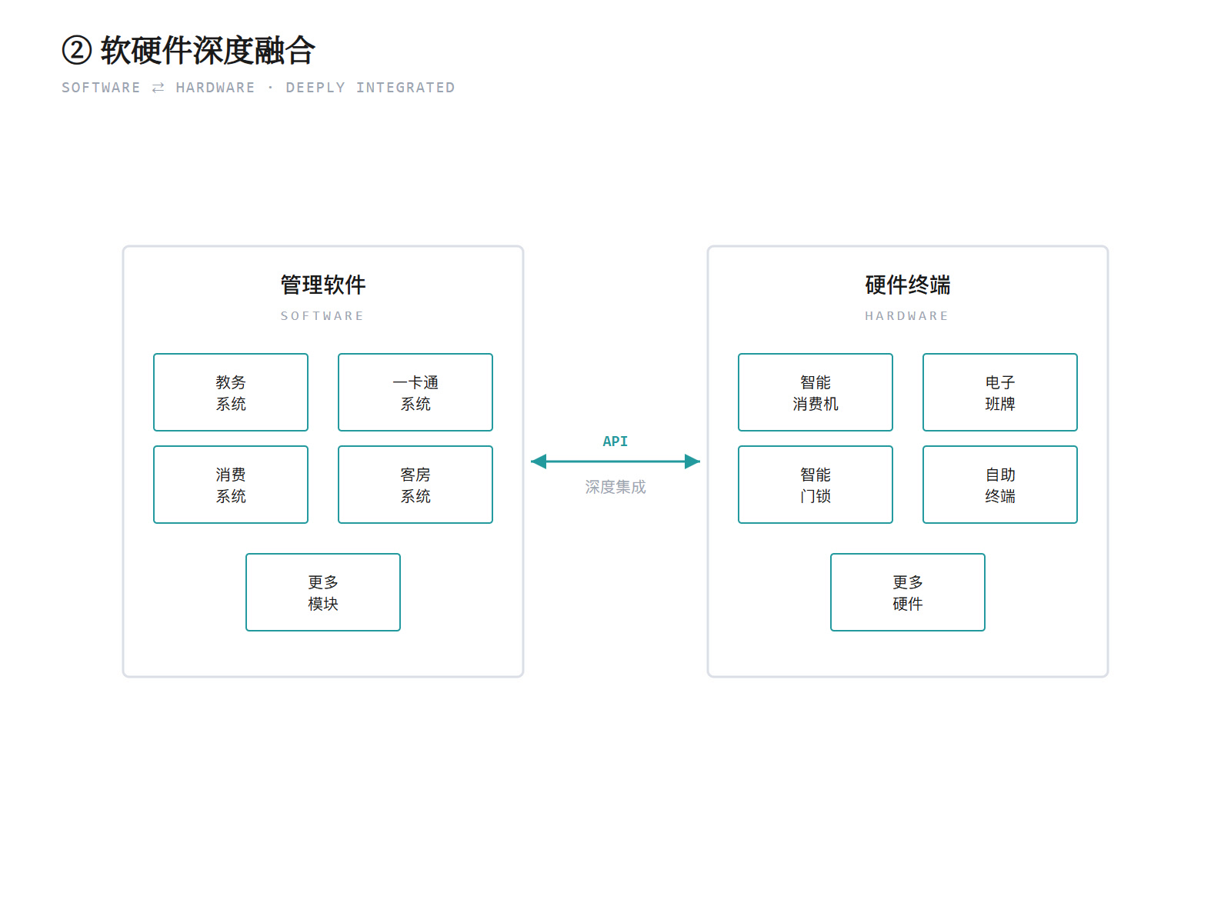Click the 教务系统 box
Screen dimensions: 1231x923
tap(231, 392)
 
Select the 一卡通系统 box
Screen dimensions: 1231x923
tap(415, 392)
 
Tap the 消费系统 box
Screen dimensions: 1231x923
tap(231, 485)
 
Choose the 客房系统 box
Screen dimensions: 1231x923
tap(415, 485)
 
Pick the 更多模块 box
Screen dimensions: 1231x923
tap(323, 592)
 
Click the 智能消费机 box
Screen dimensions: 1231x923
tap(816, 392)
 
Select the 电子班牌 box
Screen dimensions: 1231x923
tap(1000, 392)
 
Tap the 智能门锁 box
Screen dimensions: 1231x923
tap(816, 485)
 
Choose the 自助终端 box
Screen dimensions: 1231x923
tap(1000, 485)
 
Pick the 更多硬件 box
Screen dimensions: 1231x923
tap(907, 592)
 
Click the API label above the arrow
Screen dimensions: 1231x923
tap(615, 442)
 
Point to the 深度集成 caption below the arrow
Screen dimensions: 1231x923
tap(615, 487)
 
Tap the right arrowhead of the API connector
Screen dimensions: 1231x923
tap(692, 461)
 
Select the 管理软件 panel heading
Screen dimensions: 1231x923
tap(323, 285)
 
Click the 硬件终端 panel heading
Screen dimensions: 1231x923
tap(907, 285)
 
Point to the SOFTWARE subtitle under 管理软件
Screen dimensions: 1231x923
tap(322, 316)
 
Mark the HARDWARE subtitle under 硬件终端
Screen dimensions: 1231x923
tap(906, 316)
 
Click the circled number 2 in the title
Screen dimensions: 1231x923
tap(77, 50)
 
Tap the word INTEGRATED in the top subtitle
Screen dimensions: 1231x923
tap(405, 88)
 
